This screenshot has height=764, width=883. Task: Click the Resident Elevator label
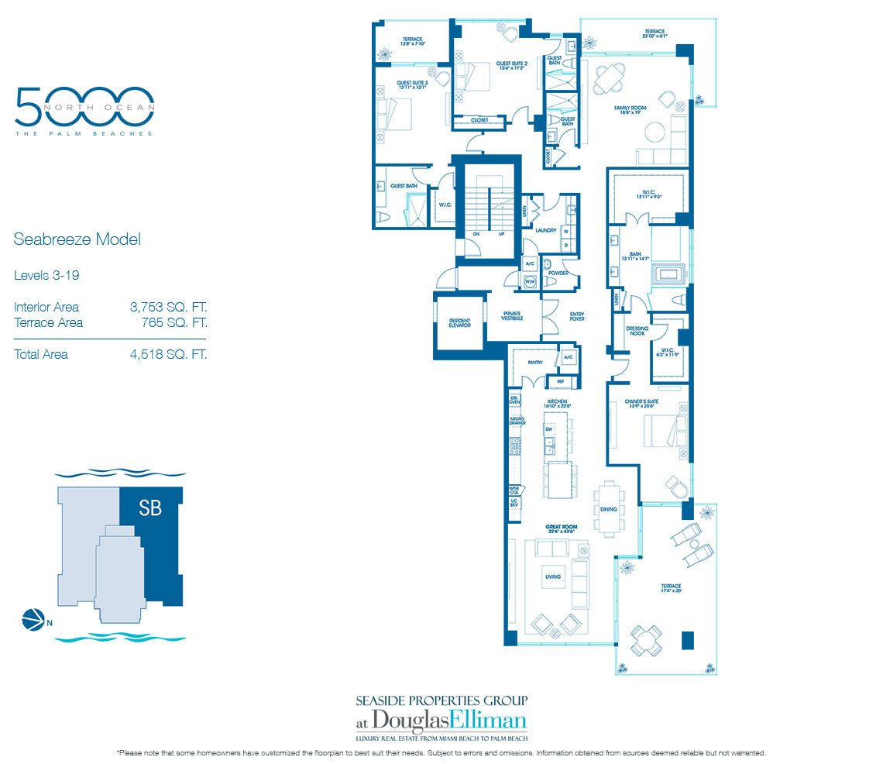(x=459, y=323)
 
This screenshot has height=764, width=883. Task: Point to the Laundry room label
(x=546, y=230)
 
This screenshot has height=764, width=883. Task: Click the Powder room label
(x=558, y=273)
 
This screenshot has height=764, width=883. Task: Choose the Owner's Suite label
(x=646, y=403)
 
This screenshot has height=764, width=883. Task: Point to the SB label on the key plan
(x=150, y=511)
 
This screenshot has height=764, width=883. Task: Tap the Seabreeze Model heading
(x=77, y=239)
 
